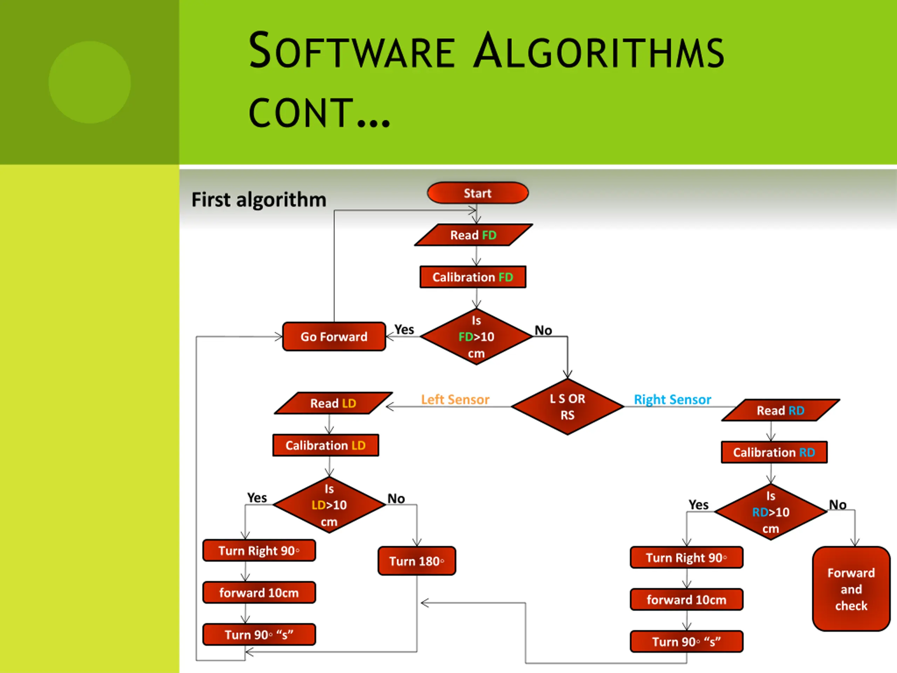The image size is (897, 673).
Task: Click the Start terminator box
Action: pyautogui.click(x=477, y=193)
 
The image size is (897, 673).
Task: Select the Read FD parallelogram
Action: pyautogui.click(x=473, y=235)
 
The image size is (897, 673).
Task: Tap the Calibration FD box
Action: pyautogui.click(x=473, y=277)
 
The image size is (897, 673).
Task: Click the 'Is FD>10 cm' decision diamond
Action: pyautogui.click(x=476, y=337)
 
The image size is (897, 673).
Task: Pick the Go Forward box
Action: pyautogui.click(x=334, y=337)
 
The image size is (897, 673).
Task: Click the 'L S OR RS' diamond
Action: pyautogui.click(x=567, y=407)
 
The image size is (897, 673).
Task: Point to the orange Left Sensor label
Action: pyautogui.click(x=455, y=400)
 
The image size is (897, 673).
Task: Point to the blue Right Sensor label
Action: pyautogui.click(x=672, y=400)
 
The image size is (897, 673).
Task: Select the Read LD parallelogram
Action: pyautogui.click(x=333, y=403)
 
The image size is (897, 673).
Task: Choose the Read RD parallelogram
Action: pyautogui.click(x=780, y=410)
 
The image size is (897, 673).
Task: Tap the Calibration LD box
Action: pyautogui.click(x=326, y=446)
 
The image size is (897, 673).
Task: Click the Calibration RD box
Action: pyautogui.click(x=774, y=452)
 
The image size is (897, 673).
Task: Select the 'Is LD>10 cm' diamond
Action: pyautogui.click(x=329, y=505)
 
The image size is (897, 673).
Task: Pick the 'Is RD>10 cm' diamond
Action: pyautogui.click(x=771, y=512)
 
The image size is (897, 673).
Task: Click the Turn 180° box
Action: pyautogui.click(x=417, y=561)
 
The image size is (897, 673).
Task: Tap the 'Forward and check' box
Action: pyautogui.click(x=851, y=589)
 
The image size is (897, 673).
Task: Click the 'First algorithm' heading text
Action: pyautogui.click(x=259, y=199)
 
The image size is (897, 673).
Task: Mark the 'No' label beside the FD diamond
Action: pyautogui.click(x=543, y=330)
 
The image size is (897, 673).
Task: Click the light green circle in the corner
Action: pyautogui.click(x=90, y=82)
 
